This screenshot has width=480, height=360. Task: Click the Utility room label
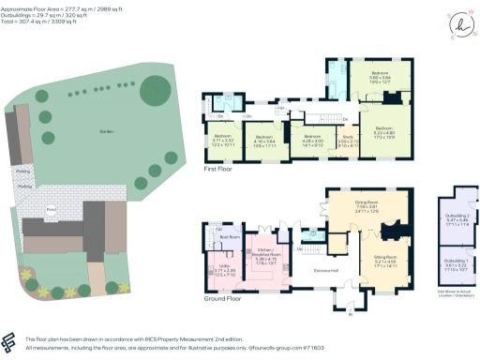coord(223,267)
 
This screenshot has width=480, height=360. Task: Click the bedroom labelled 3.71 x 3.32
coord(222,141)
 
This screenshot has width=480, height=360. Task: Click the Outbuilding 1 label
coord(456,260)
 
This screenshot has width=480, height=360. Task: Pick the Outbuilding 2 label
coord(456,217)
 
